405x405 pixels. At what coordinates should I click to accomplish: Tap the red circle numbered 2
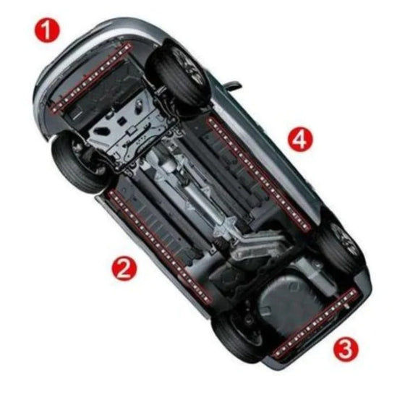[x=124, y=268]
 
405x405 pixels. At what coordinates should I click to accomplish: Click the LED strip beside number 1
[x=90, y=76]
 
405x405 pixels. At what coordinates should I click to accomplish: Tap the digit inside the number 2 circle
[x=124, y=268]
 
